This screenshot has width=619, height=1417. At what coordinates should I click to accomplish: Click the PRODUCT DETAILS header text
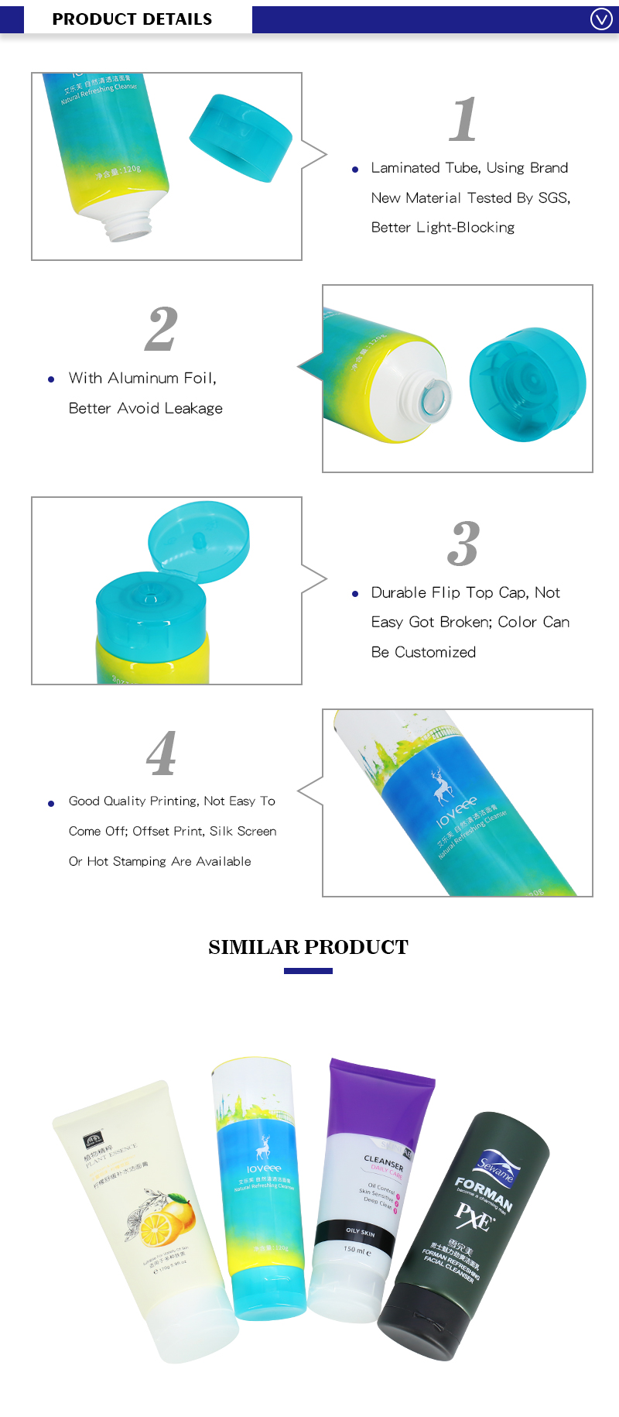(x=132, y=19)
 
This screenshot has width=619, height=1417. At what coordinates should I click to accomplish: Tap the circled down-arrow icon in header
(x=601, y=19)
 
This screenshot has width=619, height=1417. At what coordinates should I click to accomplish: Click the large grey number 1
(x=463, y=119)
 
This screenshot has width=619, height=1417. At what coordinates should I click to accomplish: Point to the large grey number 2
(x=162, y=329)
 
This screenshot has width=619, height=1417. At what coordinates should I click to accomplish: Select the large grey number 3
(x=463, y=544)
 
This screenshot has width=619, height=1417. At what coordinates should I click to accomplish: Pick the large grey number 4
(x=162, y=753)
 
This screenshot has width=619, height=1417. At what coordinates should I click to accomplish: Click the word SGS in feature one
(x=553, y=198)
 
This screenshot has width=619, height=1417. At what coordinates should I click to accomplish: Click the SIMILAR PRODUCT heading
(x=308, y=947)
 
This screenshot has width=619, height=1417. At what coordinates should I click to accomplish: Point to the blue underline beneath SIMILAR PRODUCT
(x=308, y=971)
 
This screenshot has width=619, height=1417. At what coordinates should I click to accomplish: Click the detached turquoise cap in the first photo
(x=241, y=138)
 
